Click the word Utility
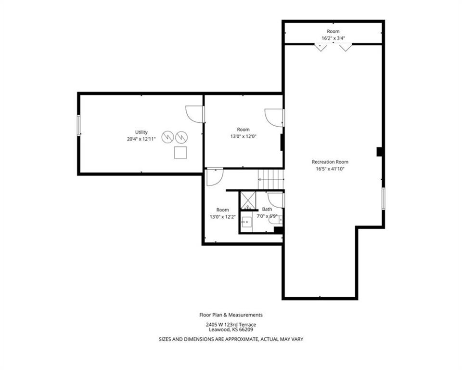click(141, 132)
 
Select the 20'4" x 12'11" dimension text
click(141, 139)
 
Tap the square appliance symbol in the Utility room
click(180, 153)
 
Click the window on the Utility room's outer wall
click(78, 125)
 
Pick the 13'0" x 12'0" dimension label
click(244, 137)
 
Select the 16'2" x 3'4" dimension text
click(333, 38)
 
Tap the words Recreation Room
click(330, 162)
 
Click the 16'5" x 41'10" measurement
click(330, 169)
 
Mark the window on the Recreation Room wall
click(384, 198)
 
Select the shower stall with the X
click(248, 200)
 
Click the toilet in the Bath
click(276, 220)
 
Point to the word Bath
click(267, 209)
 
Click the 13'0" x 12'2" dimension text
click(223, 217)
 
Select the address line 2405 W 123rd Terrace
click(231, 325)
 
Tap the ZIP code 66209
click(246, 330)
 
